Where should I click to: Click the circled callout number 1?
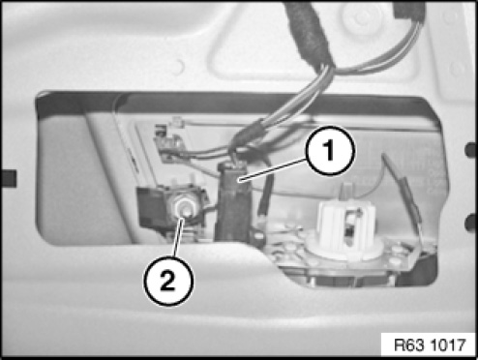[x=330, y=151]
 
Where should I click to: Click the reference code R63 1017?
[x=430, y=345]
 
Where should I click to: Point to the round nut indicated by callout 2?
[x=183, y=208]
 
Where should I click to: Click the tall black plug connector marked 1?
[x=233, y=201]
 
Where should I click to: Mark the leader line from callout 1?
[x=273, y=169]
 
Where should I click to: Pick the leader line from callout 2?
[x=178, y=237]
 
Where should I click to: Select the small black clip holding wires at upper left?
[x=167, y=143]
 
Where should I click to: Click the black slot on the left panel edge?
[x=9, y=178]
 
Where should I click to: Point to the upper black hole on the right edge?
[x=470, y=150]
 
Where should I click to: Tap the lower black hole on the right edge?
[x=470, y=224]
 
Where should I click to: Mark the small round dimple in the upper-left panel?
[x=178, y=67]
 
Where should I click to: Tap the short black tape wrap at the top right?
[x=409, y=11]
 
